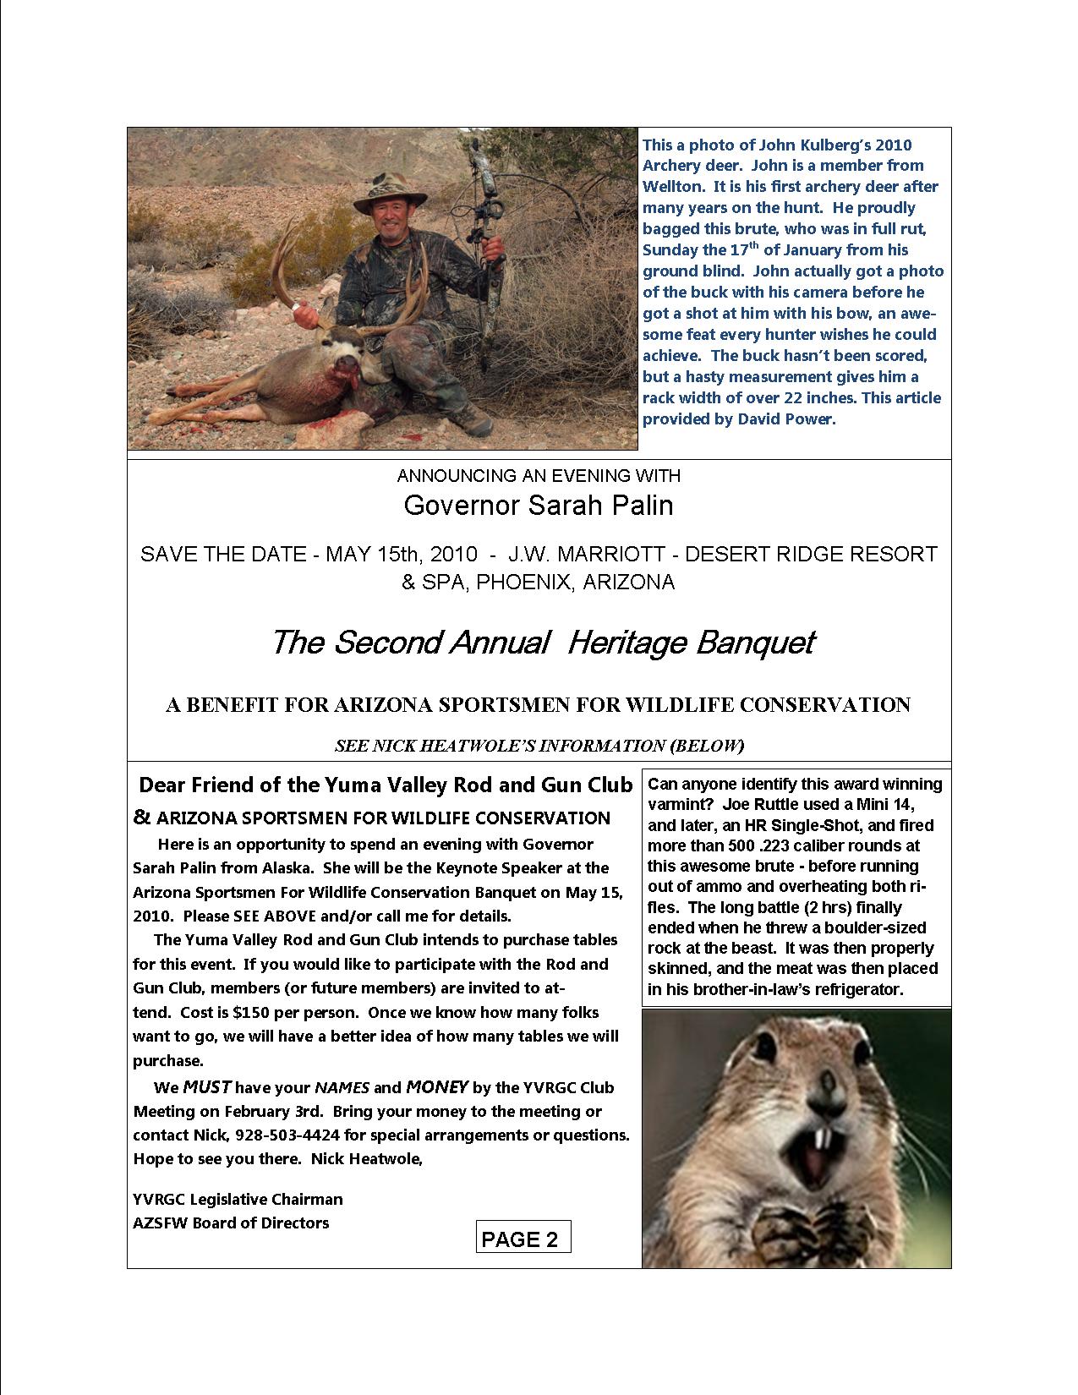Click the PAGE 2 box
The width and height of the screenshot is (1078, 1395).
coord(523,1239)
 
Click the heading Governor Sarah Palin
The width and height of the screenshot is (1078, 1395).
coord(539,506)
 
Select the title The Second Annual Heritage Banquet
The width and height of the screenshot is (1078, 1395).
coord(541,643)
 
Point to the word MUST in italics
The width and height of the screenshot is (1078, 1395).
coord(208,1087)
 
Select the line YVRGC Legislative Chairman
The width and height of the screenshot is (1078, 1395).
coord(238,1199)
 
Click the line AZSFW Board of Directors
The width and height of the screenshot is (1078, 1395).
coord(231,1223)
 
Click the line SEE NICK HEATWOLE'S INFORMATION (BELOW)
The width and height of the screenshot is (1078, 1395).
coord(539,746)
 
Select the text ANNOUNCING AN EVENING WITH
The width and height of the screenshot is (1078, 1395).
coord(539,476)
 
